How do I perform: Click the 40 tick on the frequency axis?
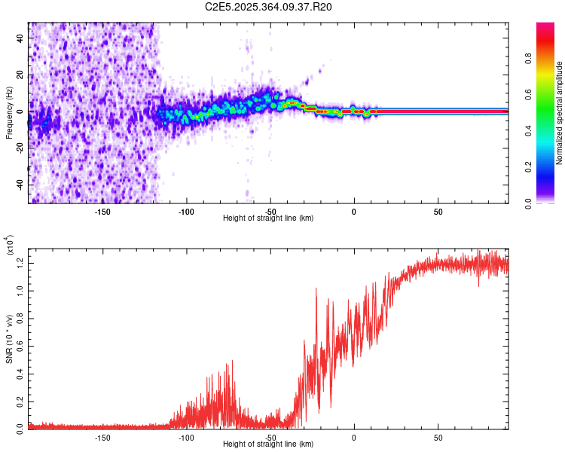click(x=18, y=38)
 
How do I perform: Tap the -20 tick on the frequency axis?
click(x=18, y=148)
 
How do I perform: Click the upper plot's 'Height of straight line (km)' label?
click(x=268, y=218)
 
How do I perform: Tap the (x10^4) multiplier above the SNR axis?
click(x=10, y=245)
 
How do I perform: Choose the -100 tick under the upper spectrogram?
click(x=187, y=212)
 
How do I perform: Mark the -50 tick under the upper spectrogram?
click(x=270, y=212)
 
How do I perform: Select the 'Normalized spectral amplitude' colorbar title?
click(x=560, y=113)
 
